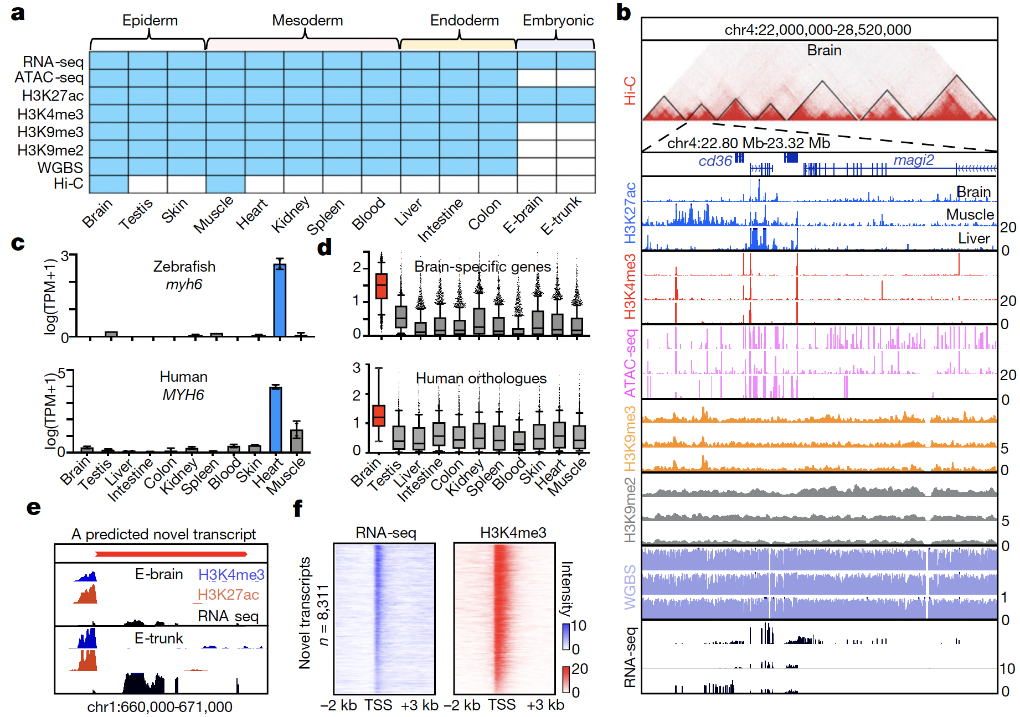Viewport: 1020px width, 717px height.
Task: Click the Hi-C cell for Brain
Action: pos(109,184)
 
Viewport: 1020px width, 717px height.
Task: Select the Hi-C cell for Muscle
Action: pos(225,184)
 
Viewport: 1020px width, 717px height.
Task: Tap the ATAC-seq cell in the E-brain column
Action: pos(537,78)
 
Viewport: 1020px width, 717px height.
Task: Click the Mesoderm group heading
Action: pos(307,20)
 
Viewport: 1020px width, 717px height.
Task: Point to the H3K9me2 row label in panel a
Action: pos(50,150)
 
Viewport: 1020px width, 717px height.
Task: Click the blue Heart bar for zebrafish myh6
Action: pos(280,300)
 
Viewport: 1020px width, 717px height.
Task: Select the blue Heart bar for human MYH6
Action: pos(275,419)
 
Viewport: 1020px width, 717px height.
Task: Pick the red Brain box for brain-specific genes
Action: pos(381,286)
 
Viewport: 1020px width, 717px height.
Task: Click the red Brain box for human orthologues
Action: pos(379,415)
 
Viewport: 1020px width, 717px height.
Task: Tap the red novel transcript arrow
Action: pos(171,554)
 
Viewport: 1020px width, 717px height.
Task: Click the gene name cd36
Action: pos(715,161)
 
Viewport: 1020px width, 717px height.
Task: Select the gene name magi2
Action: pos(914,160)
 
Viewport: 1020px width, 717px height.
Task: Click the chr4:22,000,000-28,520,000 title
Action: pos(818,29)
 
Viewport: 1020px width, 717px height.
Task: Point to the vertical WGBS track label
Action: pos(630,586)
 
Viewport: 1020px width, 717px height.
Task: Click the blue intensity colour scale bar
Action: pos(566,636)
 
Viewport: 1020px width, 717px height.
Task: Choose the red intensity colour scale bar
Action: pos(566,679)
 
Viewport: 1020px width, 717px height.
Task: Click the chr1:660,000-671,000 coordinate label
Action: pos(159,706)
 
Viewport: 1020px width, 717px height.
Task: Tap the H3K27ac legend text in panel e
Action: pos(228,595)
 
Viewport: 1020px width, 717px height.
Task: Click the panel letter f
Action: pos(298,508)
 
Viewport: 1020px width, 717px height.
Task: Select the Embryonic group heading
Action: pos(558,20)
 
